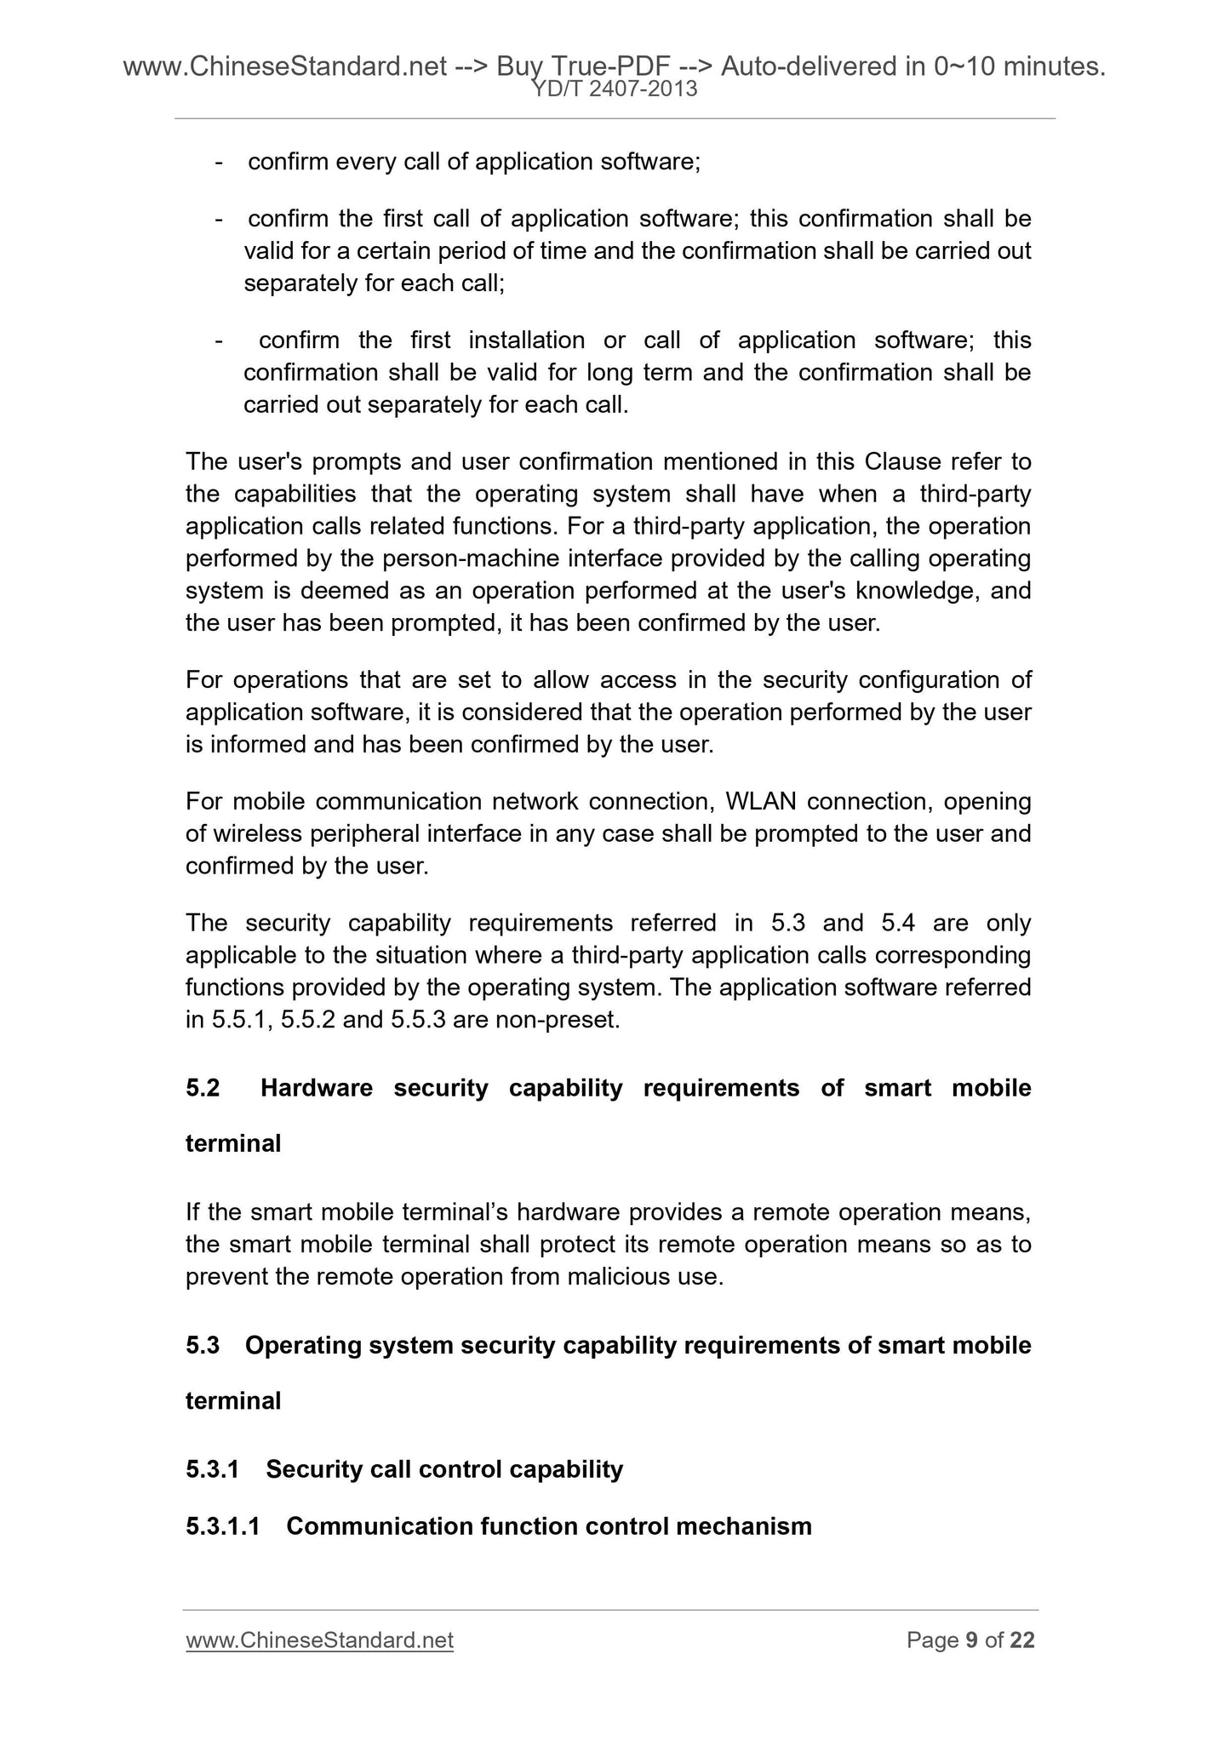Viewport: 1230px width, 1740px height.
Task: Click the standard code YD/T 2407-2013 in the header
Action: click(614, 89)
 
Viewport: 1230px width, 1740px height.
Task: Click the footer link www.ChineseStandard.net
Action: click(319, 1640)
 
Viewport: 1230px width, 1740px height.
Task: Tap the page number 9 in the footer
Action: click(971, 1640)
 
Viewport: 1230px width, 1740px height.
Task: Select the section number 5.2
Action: click(203, 1088)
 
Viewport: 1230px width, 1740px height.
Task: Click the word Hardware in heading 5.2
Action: click(317, 1088)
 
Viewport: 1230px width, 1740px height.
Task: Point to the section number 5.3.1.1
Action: click(222, 1526)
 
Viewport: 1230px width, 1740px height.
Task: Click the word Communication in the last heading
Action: click(380, 1526)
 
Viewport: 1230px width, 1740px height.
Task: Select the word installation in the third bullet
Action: click(526, 341)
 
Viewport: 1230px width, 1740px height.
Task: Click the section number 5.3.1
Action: click(212, 1469)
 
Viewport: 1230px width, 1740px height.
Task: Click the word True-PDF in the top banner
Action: click(614, 66)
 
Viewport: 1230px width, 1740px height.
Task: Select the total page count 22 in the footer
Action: click(1021, 1640)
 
